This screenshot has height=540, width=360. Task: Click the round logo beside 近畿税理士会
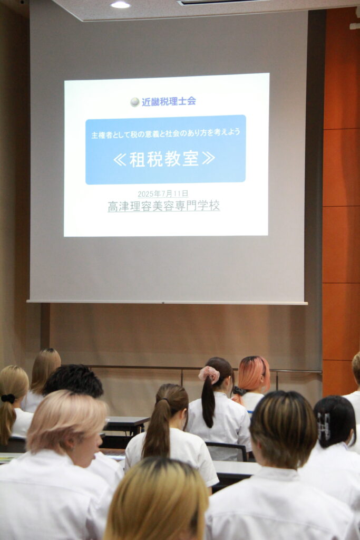(135, 102)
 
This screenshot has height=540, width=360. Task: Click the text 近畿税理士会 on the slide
(169, 101)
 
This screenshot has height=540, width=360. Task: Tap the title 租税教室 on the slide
(164, 159)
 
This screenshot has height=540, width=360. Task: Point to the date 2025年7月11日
(163, 194)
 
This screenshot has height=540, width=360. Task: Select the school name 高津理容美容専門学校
(164, 206)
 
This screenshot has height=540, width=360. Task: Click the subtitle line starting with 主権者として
(166, 133)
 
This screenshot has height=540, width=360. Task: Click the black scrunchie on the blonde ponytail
(8, 399)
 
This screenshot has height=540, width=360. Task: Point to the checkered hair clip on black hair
(324, 426)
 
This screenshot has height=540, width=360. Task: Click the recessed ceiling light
(121, 4)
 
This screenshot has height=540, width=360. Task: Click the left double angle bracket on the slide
(120, 159)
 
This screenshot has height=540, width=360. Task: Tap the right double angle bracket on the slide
(209, 158)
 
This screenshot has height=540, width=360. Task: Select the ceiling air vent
(220, 2)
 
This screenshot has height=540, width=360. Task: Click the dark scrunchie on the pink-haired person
(238, 391)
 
